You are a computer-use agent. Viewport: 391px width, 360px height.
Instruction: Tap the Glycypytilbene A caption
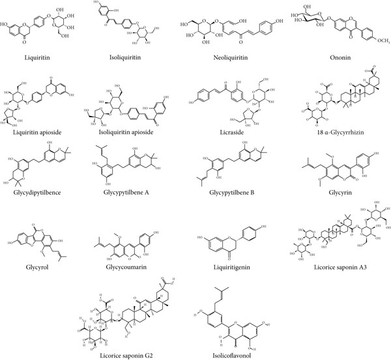[x=132, y=193]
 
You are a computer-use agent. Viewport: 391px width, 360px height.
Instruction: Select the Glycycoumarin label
[x=132, y=265]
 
